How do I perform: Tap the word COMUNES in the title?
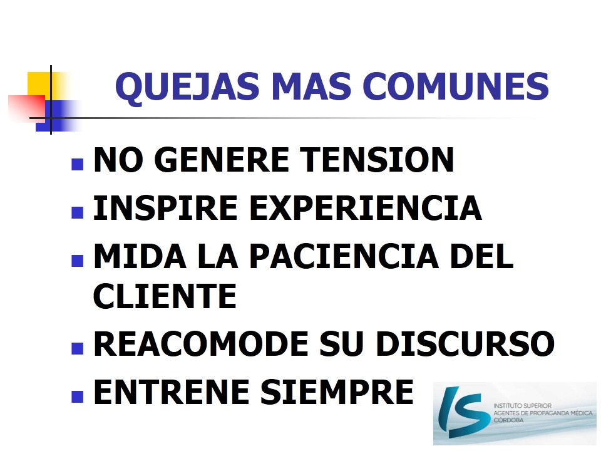[x=456, y=86]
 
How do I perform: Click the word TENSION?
[x=377, y=160]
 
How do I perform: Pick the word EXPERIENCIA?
[x=366, y=208]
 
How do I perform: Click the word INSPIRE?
[x=165, y=208]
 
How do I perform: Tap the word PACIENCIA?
[x=344, y=256]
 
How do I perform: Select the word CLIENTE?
[x=165, y=296]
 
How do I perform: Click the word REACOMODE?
[x=201, y=344]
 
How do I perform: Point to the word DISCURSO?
[x=465, y=344]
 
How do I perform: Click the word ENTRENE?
[x=172, y=392]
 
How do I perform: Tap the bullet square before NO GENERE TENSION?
[x=78, y=164]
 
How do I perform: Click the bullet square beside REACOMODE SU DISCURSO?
[x=78, y=348]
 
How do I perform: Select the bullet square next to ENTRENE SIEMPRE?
[x=78, y=397]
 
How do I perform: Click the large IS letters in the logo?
[x=464, y=412]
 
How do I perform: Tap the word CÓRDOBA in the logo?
[x=508, y=420]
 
